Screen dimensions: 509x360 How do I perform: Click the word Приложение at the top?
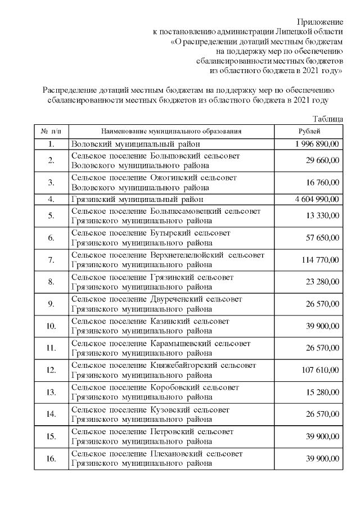[320, 21]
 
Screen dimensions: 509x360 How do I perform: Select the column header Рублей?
[309, 131]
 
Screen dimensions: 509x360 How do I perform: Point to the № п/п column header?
[51, 131]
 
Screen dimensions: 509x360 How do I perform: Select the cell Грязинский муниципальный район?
[137, 199]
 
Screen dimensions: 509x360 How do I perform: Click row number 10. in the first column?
[51, 326]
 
